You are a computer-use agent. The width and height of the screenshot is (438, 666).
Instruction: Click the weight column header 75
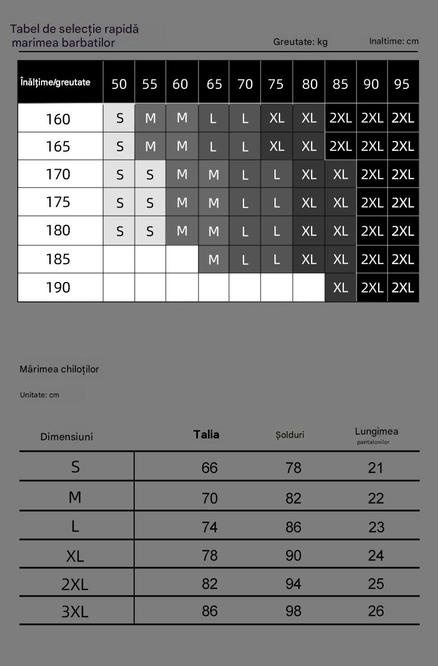[276, 84]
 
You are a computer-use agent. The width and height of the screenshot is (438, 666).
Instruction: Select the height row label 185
[58, 259]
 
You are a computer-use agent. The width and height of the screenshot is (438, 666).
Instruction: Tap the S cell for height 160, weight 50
[120, 118]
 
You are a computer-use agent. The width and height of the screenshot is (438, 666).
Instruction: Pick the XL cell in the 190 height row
[340, 287]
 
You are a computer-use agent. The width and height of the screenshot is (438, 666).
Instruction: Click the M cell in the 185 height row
[213, 259]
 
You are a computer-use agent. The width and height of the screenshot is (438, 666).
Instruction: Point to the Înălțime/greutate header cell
[55, 82]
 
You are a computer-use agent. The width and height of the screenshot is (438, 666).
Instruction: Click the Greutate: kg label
[301, 42]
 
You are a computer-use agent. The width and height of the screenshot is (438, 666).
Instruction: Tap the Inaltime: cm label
[394, 41]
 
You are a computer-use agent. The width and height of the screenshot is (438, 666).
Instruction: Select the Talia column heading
[206, 435]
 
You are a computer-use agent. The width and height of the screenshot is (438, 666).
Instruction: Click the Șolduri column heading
[290, 435]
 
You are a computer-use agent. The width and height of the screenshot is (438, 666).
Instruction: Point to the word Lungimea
[376, 431]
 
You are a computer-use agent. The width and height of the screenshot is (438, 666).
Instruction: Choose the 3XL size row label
[75, 612]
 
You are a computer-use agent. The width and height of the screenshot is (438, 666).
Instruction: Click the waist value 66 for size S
[210, 468]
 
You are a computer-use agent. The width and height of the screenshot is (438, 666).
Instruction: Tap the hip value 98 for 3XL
[293, 611]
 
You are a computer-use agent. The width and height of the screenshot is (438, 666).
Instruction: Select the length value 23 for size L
[376, 527]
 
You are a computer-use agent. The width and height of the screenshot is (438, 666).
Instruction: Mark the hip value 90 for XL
[293, 555]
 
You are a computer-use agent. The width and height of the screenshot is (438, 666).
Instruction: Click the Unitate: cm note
[39, 395]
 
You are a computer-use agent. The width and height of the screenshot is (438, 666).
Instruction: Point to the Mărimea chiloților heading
[59, 369]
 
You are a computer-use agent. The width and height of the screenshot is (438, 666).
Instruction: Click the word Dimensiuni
[67, 437]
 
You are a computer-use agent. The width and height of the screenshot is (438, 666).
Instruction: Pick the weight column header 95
[401, 84]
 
